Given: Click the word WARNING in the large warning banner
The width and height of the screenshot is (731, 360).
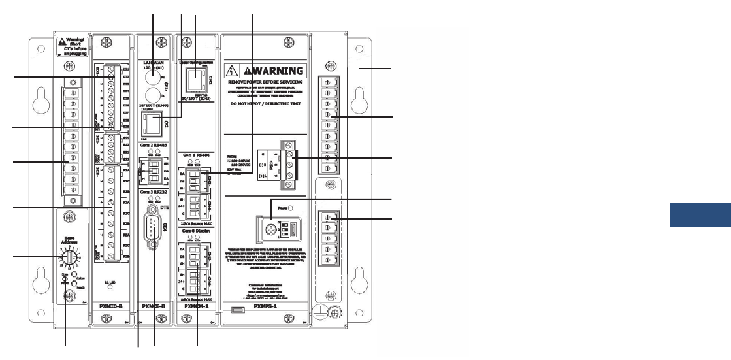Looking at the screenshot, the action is coord(274,71).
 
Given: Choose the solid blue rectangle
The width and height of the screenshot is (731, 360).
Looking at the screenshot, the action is coord(700,216).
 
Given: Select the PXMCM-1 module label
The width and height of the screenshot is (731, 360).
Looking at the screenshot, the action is coord(197,304).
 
